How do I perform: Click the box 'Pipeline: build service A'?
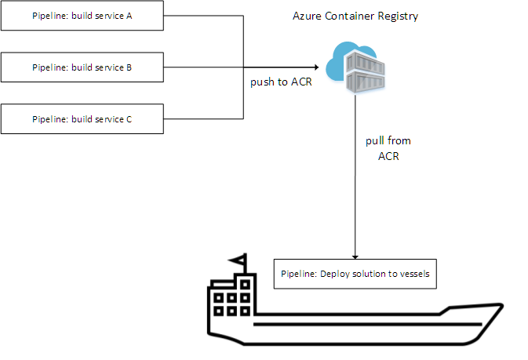point(82,16)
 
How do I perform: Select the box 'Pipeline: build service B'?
point(82,67)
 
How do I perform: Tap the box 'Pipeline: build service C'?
point(82,119)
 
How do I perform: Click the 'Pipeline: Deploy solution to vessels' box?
point(355,275)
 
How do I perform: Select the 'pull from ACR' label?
point(388,147)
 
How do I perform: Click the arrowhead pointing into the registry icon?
point(318,67)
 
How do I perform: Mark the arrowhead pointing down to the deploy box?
point(357,256)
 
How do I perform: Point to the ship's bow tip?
point(499,304)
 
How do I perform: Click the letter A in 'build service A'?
point(129,16)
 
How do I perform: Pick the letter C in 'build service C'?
point(129,119)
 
